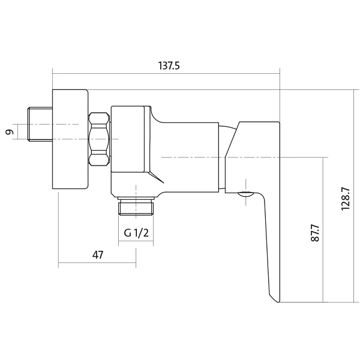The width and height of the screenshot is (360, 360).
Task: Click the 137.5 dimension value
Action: pos(169,65)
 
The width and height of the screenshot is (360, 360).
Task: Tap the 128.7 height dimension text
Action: pos(346,199)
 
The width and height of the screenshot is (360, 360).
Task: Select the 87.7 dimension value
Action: pos(315,233)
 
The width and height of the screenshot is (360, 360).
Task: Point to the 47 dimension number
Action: pos(98,255)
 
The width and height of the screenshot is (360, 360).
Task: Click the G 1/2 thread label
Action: pos(136,233)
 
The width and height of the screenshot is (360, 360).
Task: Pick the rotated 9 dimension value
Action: pos(10,132)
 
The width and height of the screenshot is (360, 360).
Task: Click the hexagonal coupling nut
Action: pos(99,139)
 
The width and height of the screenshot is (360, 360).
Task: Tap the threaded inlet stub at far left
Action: pos(40,124)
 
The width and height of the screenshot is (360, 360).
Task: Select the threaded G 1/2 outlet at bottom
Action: pos(136,206)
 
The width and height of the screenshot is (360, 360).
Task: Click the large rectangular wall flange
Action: pos(70,139)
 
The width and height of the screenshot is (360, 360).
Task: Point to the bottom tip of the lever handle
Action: pos(278,302)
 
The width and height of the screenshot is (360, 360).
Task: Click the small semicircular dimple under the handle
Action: pos(245,195)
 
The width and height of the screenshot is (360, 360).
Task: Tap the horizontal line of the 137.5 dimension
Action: pos(166,74)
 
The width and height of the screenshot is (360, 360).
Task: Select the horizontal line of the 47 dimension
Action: pos(97,263)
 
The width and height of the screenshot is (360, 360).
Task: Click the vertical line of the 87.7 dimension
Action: pos(323,230)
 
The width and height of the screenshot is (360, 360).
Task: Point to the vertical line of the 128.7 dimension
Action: pos(354,196)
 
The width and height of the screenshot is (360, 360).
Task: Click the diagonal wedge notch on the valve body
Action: pos(157,177)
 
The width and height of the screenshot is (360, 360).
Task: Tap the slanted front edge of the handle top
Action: pos(232,139)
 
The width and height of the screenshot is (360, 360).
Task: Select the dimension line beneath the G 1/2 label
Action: pos(136,241)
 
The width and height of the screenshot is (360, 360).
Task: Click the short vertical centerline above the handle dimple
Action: pos(245,192)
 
